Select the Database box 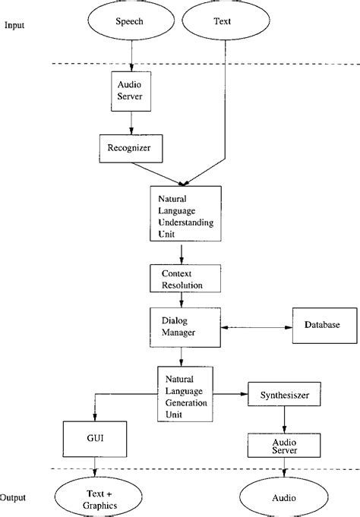click(322, 326)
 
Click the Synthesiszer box click(283, 396)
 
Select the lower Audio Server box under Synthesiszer click(283, 445)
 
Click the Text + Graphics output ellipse click(93, 498)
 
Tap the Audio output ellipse click(283, 499)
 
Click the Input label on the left click(15, 25)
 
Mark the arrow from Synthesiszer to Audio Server click(283, 419)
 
